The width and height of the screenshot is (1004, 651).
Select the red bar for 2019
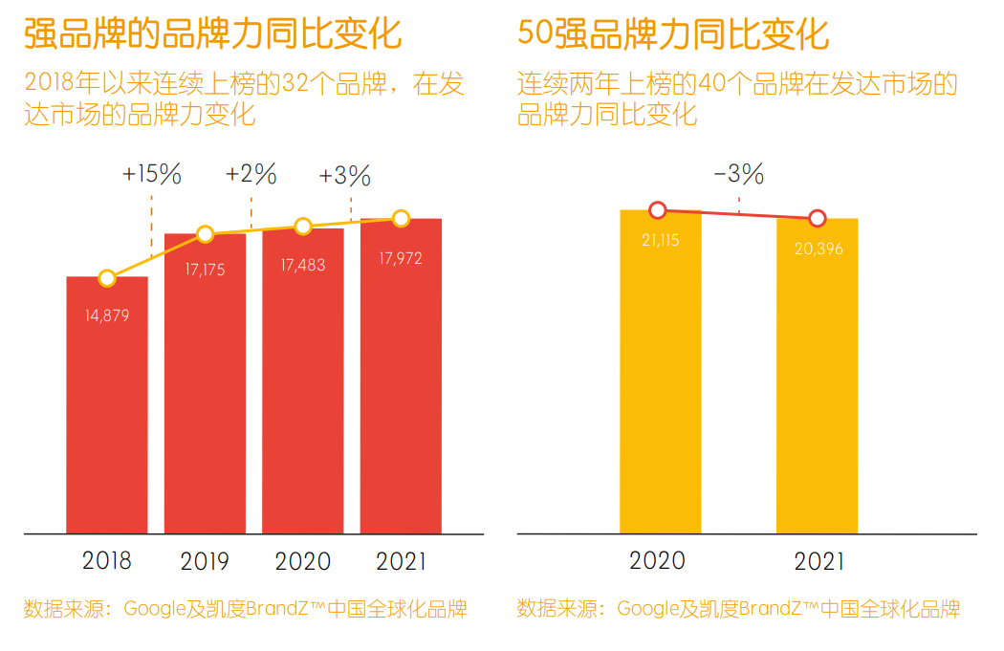[205, 382]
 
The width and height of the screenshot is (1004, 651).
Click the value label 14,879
[107, 315]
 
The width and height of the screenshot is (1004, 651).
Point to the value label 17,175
[205, 271]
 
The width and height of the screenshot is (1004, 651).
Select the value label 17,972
[401, 258]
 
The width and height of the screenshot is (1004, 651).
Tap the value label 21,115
[660, 241]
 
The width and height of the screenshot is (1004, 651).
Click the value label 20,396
[818, 249]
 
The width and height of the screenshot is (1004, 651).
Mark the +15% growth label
[151, 174]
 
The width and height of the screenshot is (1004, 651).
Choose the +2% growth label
[251, 174]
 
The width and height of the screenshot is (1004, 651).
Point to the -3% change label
[738, 174]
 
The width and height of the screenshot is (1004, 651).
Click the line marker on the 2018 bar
[107, 278]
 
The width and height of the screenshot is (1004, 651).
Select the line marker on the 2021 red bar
[401, 218]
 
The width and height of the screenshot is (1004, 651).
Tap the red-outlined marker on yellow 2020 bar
[657, 210]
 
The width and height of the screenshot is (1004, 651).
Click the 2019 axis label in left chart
[205, 560]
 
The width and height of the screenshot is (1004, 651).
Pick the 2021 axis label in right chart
[818, 561]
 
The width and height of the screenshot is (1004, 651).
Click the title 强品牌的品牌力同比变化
[212, 34]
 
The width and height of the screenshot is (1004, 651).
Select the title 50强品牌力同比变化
[672, 34]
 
